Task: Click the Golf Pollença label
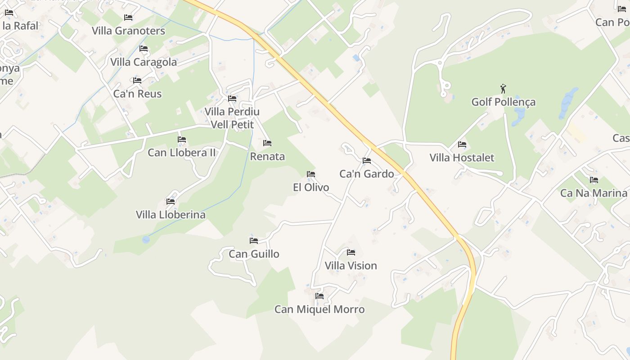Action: pos(503,102)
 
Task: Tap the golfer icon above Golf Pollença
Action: pos(503,89)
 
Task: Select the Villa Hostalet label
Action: pos(462,158)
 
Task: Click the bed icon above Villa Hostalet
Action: pos(462,144)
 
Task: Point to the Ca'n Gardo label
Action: pos(366,174)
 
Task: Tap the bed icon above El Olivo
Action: pos(310,174)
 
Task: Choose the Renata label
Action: pos(267,157)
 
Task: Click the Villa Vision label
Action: pos(351,266)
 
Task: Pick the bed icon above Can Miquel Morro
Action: pos(319,296)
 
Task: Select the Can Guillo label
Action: pos(254,254)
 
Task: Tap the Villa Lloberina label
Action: pos(171,215)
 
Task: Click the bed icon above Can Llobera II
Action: pos(182,139)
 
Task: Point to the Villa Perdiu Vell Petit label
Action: pos(232,118)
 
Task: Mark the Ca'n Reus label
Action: pos(137,94)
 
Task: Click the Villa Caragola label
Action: pos(144,62)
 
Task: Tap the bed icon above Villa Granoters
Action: pos(128,18)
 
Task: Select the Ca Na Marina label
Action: pos(594,193)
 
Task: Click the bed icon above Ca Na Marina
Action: pos(594,180)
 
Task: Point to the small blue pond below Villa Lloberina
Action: pos(146,239)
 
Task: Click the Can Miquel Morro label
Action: pos(319,310)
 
